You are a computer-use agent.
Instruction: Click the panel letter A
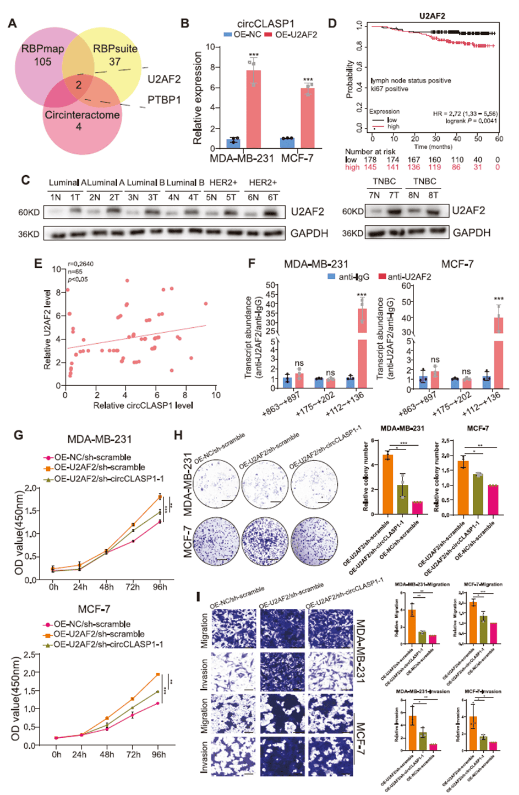12,24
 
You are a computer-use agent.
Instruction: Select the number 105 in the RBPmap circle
42,61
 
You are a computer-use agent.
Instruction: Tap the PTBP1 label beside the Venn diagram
163,100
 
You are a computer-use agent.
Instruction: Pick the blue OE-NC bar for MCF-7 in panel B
287,143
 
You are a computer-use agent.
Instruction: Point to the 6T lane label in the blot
272,197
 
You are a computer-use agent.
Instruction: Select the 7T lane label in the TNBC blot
393,195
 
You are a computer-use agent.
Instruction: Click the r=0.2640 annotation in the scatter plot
80,264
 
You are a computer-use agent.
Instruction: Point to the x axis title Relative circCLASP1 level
143,405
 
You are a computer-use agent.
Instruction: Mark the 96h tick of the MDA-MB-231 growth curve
160,587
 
